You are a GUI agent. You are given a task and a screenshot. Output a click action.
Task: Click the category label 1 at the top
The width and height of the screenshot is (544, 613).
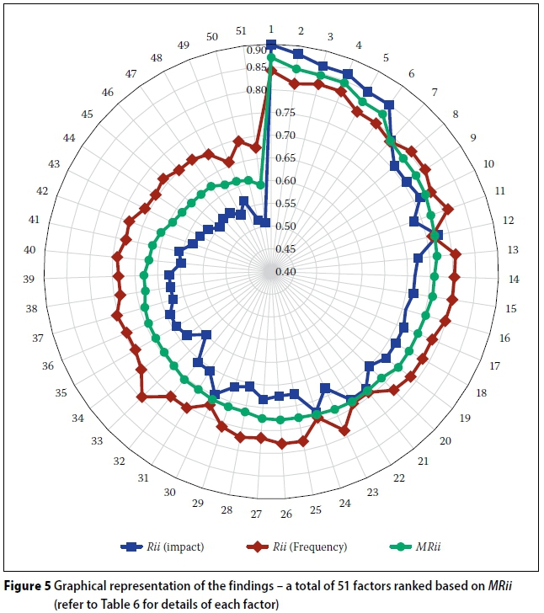270,29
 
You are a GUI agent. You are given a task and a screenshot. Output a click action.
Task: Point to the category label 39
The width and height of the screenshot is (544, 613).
29,279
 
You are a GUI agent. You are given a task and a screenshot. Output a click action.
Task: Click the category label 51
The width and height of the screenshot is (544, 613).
241,31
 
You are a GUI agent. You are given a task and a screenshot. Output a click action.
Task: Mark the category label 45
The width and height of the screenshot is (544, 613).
88,114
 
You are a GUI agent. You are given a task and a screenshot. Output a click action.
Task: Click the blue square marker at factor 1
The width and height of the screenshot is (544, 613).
270,44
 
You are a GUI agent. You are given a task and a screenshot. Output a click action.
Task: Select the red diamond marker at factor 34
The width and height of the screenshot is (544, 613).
142,397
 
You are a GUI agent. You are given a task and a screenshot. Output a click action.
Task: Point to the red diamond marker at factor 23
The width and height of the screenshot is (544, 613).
344,431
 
